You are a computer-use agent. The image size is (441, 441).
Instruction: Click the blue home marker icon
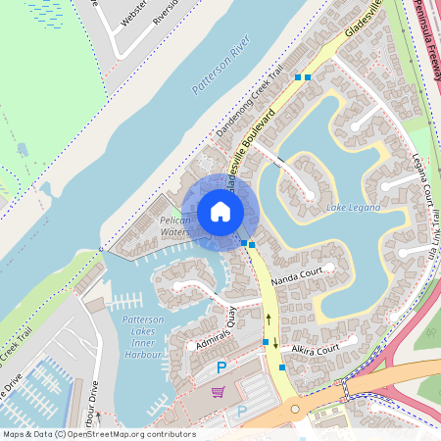220,212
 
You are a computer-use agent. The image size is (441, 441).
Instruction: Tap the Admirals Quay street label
211,330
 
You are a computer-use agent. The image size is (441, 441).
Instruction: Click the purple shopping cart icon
218,392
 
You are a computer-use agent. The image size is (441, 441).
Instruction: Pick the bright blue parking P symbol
221,367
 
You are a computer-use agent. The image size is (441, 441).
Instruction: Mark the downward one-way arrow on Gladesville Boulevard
275,343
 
